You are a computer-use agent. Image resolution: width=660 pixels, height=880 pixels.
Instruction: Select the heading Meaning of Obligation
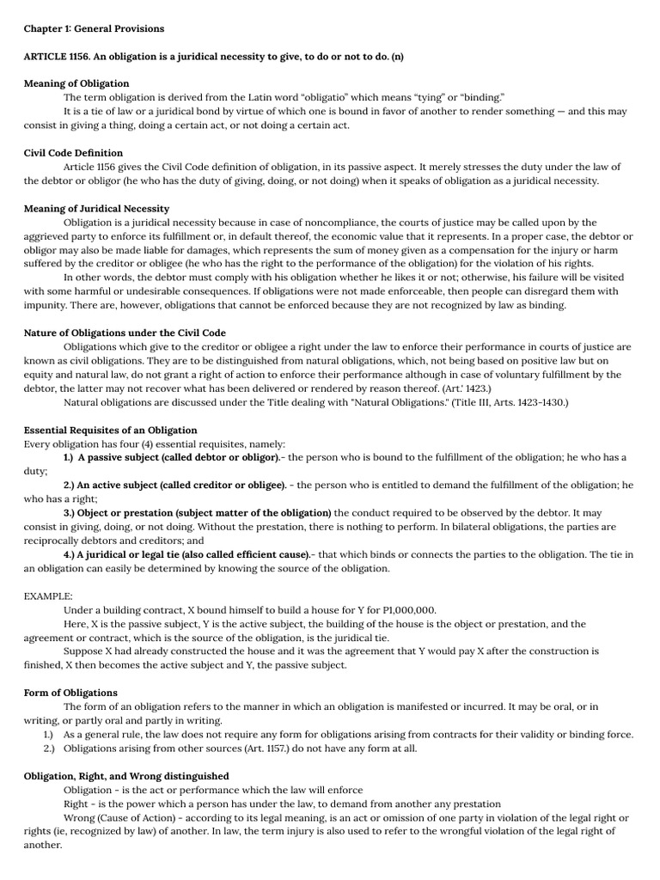[76, 83]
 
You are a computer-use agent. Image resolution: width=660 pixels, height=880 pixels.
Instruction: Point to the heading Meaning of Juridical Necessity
[96, 209]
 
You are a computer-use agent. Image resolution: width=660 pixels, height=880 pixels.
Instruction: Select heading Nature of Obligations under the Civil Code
[125, 333]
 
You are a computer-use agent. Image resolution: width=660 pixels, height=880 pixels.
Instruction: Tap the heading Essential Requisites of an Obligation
[110, 430]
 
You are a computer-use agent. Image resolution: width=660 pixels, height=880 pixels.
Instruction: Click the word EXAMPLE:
[48, 596]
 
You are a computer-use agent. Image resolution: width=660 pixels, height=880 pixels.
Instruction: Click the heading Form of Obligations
[70, 693]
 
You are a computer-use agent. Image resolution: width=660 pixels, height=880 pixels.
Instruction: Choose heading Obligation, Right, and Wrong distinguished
[125, 776]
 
